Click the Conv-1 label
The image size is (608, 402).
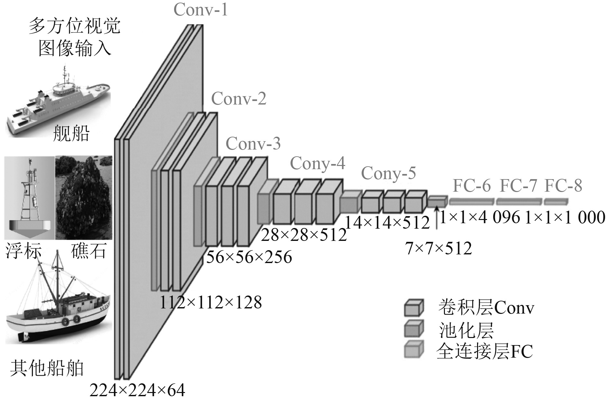coord(200,9)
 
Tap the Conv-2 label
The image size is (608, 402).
coord(239,98)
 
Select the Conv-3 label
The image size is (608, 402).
coord(253,143)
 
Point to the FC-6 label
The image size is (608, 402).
coord(472,186)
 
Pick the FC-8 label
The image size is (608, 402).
coord(563,186)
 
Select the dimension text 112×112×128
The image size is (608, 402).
coord(211,302)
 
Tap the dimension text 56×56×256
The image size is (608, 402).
coord(249,257)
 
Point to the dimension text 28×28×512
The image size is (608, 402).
coord(304,235)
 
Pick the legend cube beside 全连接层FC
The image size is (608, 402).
coord(414,349)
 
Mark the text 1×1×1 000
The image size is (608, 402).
coord(565,218)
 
